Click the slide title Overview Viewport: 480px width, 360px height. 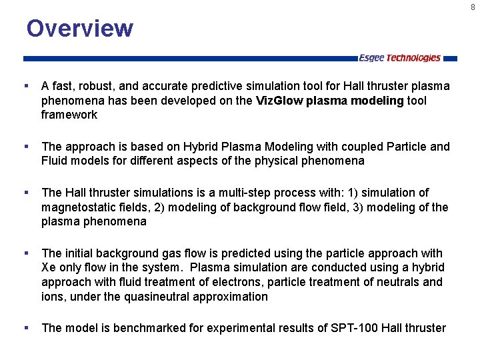pyautogui.click(x=79, y=29)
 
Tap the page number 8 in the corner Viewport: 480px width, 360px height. pyautogui.click(x=473, y=7)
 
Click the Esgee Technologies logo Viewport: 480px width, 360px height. pyautogui.click(x=399, y=58)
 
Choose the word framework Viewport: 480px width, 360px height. pyautogui.click(x=69, y=115)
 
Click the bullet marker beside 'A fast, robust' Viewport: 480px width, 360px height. pyautogui.click(x=25, y=87)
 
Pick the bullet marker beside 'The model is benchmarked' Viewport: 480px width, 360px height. pyautogui.click(x=25, y=328)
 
